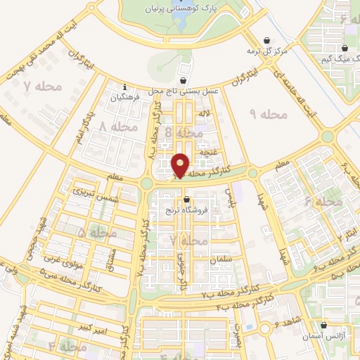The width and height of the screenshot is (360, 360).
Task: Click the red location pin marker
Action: click(181, 165)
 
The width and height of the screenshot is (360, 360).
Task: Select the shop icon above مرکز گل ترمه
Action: click(266, 40)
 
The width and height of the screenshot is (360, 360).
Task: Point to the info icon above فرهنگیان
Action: click(124, 88)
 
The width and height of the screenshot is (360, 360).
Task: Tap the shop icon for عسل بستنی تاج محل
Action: click(184, 81)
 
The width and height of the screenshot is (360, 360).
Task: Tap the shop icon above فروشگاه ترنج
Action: click(186, 199)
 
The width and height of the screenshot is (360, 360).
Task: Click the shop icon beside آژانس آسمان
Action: click(324, 325)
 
